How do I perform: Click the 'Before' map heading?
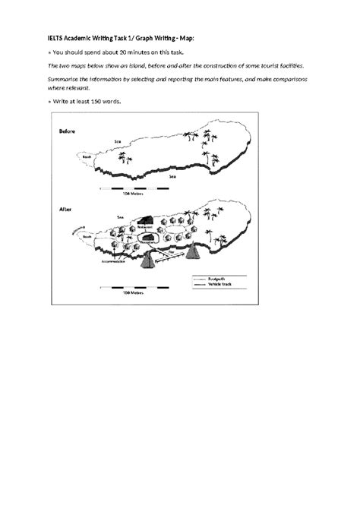68,131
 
